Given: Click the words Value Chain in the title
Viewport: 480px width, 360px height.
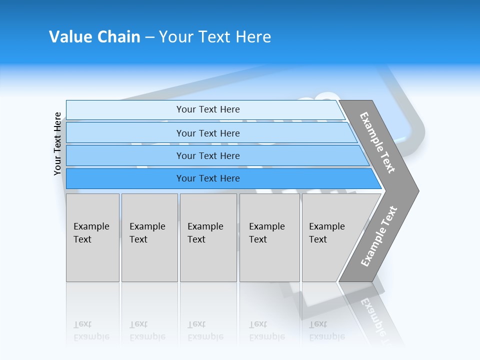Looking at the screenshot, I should point(94,37).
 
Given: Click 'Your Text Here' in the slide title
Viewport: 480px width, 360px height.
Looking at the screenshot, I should point(215,37).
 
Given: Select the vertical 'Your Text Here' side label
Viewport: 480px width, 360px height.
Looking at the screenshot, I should point(57,144).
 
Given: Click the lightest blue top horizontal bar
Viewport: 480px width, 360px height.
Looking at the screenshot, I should point(125,110).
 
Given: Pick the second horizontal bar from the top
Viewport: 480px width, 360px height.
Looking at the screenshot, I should point(125,133).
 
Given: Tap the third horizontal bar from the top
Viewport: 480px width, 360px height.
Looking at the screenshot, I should point(125,156).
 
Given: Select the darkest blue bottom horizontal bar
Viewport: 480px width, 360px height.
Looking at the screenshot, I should point(125,178).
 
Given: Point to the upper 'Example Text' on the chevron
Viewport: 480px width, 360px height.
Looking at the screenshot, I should point(377,143).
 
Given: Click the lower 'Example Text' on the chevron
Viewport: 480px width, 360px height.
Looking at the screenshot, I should point(379,236).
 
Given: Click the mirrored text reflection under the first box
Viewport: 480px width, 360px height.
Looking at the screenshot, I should point(91,330).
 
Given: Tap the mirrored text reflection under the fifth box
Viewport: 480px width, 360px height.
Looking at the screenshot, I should point(327,330).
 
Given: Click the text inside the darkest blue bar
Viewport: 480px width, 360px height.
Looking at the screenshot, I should point(208,178).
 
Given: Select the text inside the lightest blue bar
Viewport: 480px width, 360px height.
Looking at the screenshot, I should point(208,109).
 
